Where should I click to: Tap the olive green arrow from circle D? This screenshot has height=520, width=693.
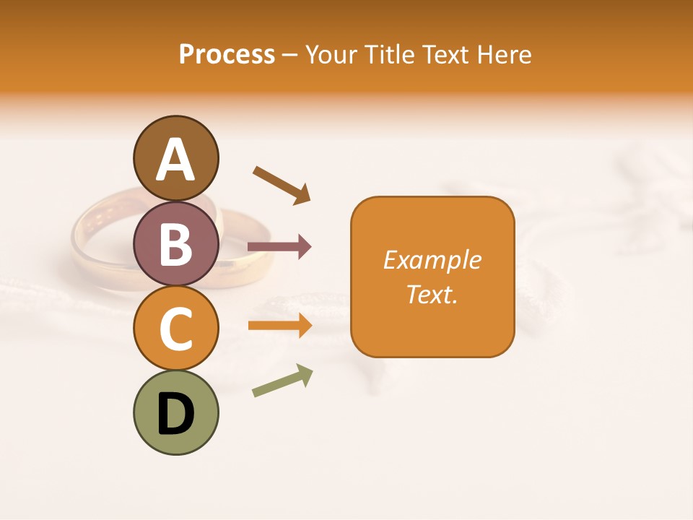pyautogui.click(x=282, y=381)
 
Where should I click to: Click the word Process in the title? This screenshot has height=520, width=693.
pyautogui.click(x=227, y=55)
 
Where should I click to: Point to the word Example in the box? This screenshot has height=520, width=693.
pyautogui.click(x=432, y=260)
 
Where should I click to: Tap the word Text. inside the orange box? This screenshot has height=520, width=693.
pyautogui.click(x=432, y=294)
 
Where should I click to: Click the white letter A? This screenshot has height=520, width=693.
pyautogui.click(x=175, y=160)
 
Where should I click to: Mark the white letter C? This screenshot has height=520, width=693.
pyautogui.click(x=175, y=329)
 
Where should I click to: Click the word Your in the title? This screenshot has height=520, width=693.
pyautogui.click(x=331, y=55)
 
